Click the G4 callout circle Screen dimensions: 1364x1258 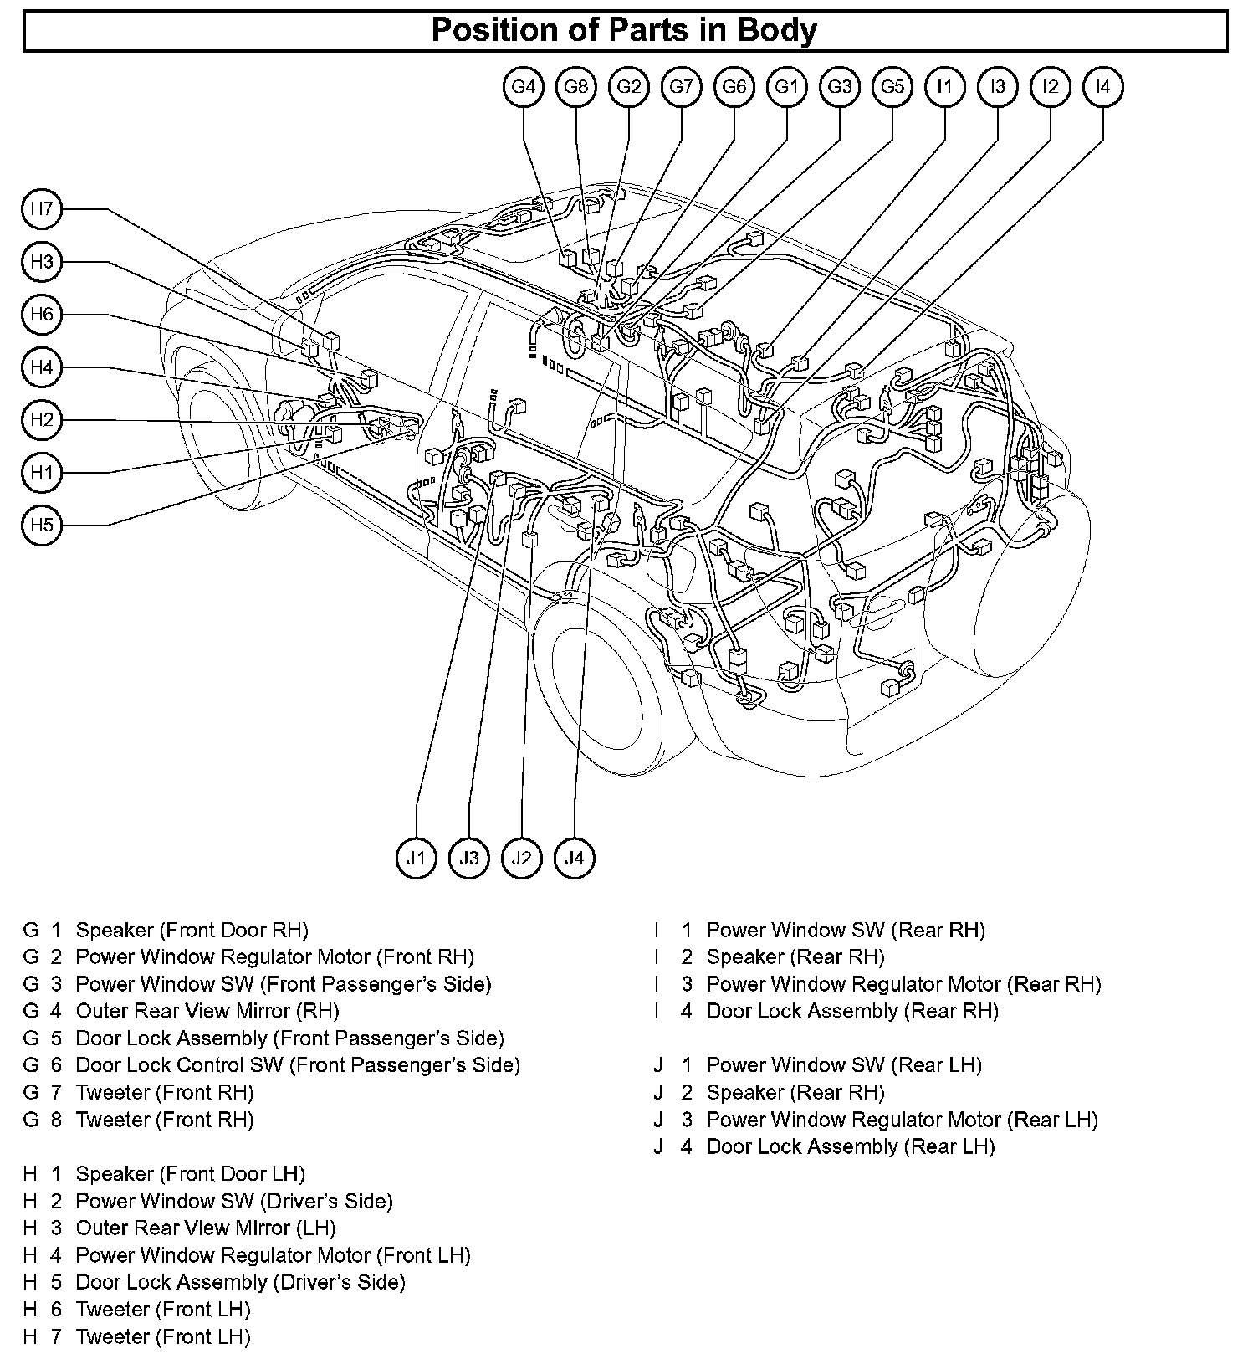[x=524, y=86]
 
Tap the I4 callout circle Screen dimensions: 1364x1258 [x=1103, y=86]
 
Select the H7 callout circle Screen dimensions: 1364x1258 [x=42, y=209]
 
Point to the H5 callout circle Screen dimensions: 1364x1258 [x=42, y=526]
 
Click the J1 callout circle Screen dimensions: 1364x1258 [x=417, y=858]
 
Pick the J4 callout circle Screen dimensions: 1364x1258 [x=575, y=858]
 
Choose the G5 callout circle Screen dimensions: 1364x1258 [x=892, y=86]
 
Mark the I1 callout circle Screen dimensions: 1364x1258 [x=945, y=86]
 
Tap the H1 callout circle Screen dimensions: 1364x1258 [x=42, y=473]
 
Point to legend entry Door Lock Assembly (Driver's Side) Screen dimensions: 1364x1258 [x=240, y=1282]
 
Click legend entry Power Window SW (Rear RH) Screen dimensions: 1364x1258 [x=846, y=930]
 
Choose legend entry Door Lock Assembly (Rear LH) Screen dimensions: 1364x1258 [x=851, y=1146]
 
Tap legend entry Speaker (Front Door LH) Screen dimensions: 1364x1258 [x=190, y=1174]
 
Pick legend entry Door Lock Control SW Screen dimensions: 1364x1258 [x=298, y=1065]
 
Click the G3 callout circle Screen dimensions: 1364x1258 [x=840, y=86]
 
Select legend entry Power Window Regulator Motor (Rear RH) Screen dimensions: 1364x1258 [x=903, y=984]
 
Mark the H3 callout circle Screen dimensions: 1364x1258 [x=42, y=262]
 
